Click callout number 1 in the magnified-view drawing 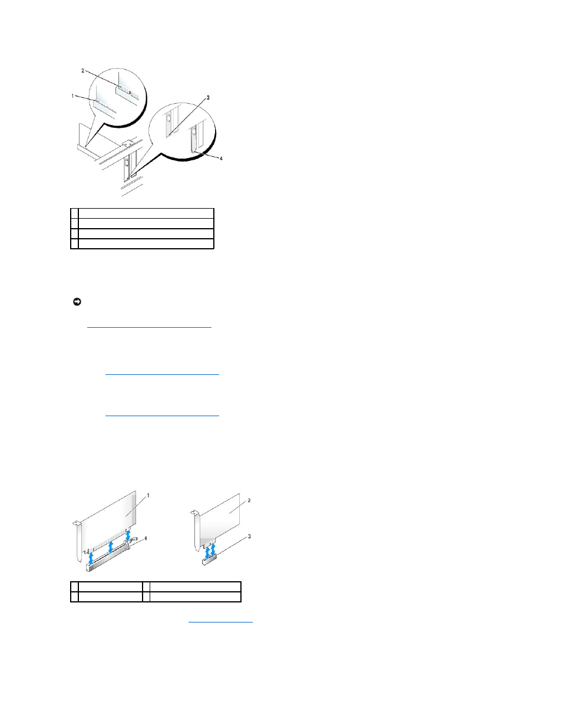(x=72, y=96)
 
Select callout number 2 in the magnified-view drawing (x=83, y=71)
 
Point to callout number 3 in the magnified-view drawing (x=208, y=97)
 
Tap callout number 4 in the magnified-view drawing (x=221, y=158)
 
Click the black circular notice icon (x=77, y=302)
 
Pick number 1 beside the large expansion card (x=148, y=496)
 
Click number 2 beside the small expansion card (x=249, y=500)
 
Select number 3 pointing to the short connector (x=249, y=536)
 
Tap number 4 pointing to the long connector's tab (x=146, y=538)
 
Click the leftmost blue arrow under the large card (x=91, y=558)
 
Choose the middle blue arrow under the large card (x=111, y=548)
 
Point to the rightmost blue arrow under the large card (x=128, y=535)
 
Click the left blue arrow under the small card (x=207, y=553)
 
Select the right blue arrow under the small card (x=213, y=551)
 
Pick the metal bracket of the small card (x=197, y=531)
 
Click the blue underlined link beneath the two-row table (x=220, y=622)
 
